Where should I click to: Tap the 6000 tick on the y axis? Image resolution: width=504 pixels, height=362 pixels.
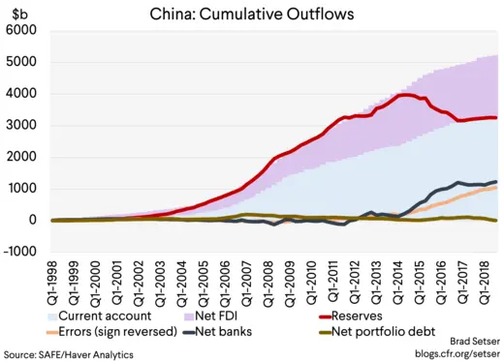pos(21,31)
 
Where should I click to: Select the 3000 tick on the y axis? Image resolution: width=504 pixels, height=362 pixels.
pos(21,126)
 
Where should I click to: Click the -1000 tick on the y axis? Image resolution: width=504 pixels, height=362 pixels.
pos(19,252)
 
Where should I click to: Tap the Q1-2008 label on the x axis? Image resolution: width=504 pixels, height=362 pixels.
pos(273,284)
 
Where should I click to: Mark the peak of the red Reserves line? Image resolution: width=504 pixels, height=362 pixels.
pos(407,95)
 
